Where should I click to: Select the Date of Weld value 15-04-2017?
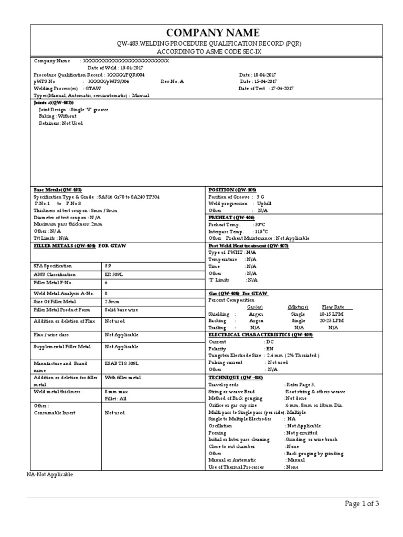129,68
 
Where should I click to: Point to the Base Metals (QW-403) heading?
58,190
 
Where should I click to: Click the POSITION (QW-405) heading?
232,190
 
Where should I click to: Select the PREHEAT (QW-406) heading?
231,217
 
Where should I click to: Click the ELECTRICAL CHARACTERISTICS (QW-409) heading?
260,334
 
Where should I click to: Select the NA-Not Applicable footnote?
50,474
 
